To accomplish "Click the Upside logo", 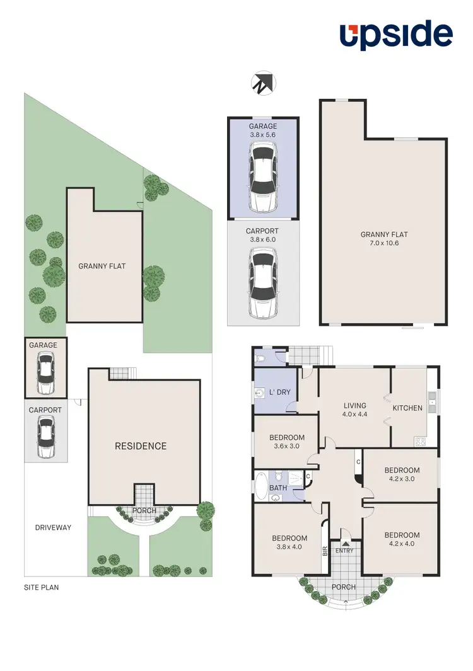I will pos(396,35).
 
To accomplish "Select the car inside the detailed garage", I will pos(263,176).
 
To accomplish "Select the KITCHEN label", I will pos(407,408).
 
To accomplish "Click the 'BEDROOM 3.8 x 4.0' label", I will pos(289,542).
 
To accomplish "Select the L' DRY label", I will pos(280,393).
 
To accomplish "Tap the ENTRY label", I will pos(344,551).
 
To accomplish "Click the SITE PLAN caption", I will pos(41,587).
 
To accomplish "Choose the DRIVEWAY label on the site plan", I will pos(53,527).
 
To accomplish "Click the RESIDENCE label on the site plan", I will pos(141,446).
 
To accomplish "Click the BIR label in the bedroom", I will pos(325,552).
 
